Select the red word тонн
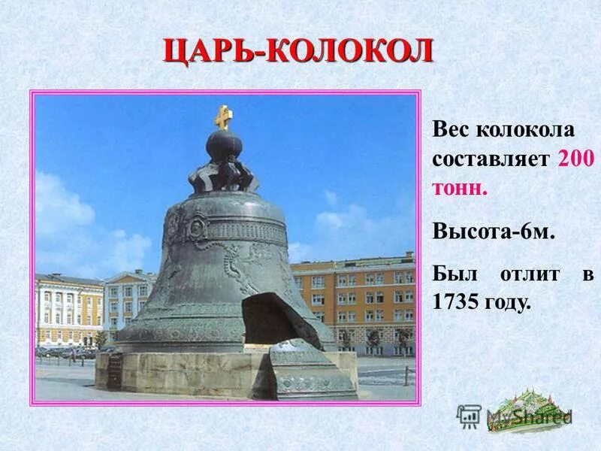click(x=460, y=187)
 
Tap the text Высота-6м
click(x=494, y=232)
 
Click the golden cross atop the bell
click(x=223, y=117)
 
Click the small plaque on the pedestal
click(x=115, y=370)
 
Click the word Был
click(x=453, y=274)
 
